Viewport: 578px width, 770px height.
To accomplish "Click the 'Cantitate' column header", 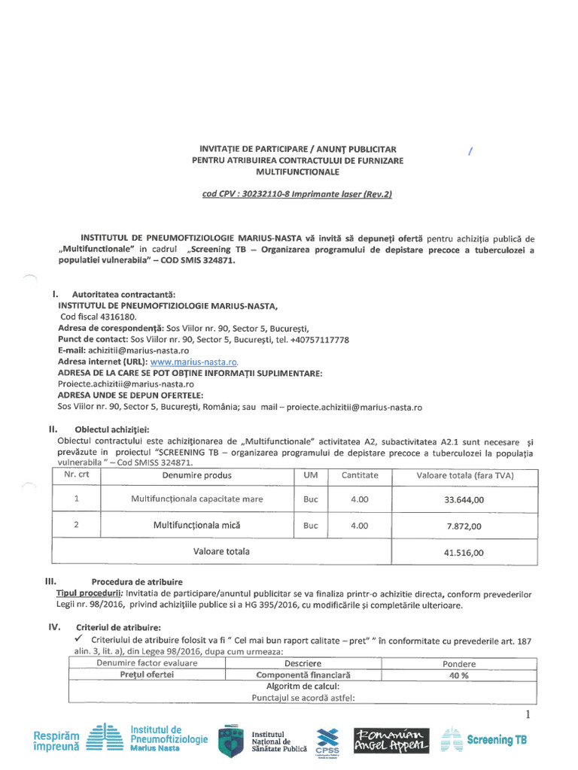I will [x=360, y=475].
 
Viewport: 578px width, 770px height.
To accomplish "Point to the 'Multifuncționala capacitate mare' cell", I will [x=197, y=499].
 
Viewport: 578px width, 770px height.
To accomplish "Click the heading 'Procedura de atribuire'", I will [x=136, y=582].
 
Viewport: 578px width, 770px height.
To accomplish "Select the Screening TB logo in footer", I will [x=483, y=740].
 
